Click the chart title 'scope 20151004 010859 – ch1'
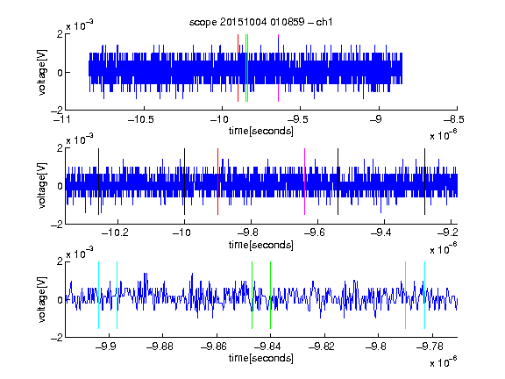tap(260, 22)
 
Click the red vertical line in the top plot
tap(238, 68)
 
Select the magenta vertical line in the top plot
tap(278, 68)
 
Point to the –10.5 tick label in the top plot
tap(141, 119)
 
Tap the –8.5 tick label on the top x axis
tap(453, 119)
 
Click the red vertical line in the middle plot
tap(217, 182)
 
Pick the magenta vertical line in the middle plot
tap(305, 182)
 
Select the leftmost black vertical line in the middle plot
tap(98, 182)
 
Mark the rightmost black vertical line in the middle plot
tap(425, 182)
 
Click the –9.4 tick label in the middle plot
tap(381, 232)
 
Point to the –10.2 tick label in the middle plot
tap(115, 232)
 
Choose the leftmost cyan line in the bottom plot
tap(98, 295)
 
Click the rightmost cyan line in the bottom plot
tap(425, 295)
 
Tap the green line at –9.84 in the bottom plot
tap(270, 295)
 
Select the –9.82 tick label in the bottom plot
tap(322, 347)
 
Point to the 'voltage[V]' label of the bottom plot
tap(42, 300)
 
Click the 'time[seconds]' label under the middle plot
tap(261, 245)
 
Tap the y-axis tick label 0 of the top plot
tap(60, 73)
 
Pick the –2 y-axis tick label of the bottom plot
tap(57, 337)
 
